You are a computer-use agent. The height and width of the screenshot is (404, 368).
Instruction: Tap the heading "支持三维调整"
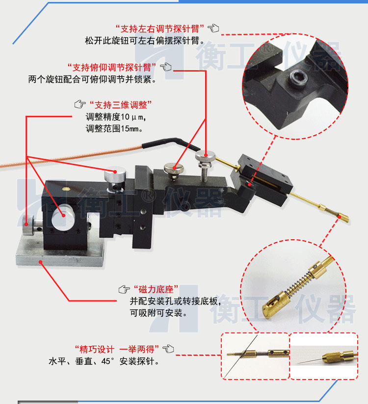pos(120,104)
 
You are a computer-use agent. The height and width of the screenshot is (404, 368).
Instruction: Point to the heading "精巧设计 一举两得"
pos(115,349)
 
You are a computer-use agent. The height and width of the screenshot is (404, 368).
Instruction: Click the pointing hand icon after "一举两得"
pos(168,349)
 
